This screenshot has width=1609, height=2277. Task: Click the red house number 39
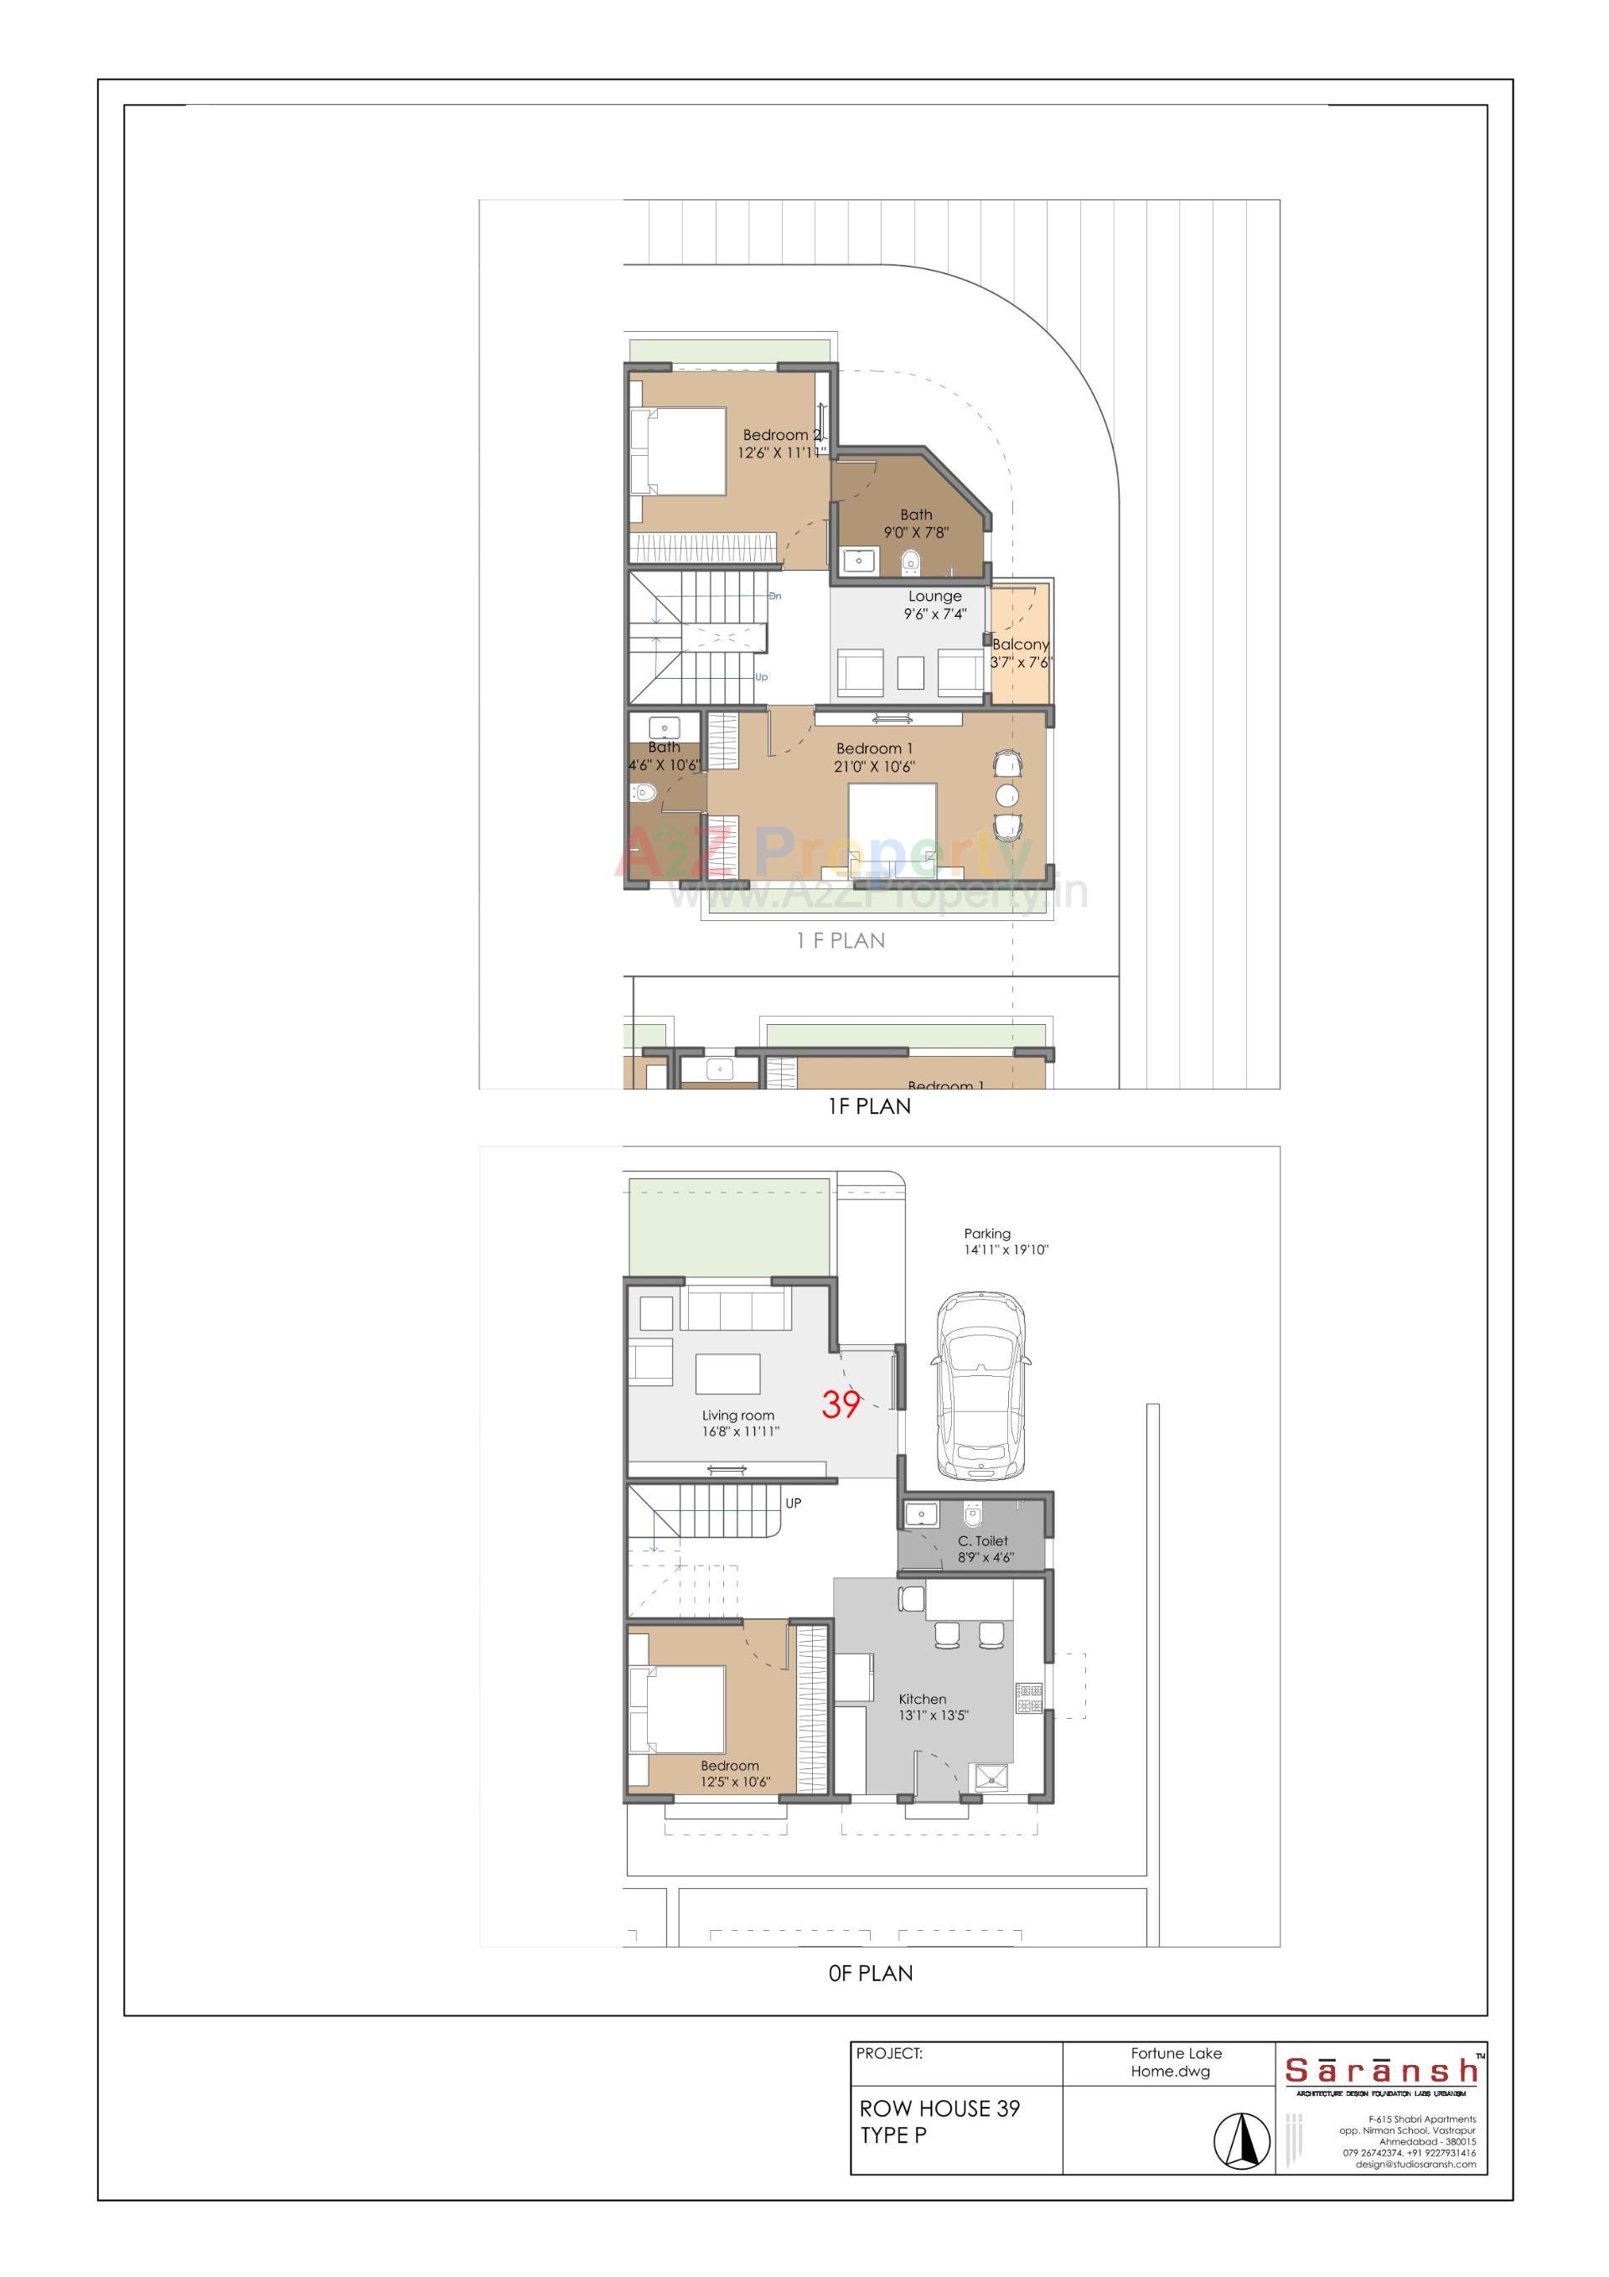click(x=841, y=1405)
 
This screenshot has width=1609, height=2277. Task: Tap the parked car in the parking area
click(x=980, y=1384)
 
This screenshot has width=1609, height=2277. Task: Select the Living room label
click(x=738, y=1415)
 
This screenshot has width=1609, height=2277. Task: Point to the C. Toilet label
click(x=982, y=1541)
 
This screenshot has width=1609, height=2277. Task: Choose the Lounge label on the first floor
click(x=934, y=597)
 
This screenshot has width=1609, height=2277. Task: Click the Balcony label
click(x=1020, y=644)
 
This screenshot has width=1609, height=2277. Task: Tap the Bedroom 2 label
click(x=782, y=435)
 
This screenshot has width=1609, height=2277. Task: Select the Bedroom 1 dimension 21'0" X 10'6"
click(x=874, y=767)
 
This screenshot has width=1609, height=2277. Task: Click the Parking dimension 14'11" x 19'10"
click(x=1006, y=1250)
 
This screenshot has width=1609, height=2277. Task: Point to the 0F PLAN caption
click(x=870, y=1974)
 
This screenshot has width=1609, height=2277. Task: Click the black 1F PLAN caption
click(x=869, y=1105)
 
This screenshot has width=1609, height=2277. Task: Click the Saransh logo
click(x=1380, y=2072)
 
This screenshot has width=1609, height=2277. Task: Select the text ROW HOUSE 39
click(x=939, y=2109)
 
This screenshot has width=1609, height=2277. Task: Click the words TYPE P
click(x=892, y=2135)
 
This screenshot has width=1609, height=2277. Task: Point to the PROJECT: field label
click(x=889, y=2054)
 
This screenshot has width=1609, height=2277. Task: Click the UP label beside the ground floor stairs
click(x=793, y=1503)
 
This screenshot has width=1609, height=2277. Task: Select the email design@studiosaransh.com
click(x=1415, y=2164)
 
